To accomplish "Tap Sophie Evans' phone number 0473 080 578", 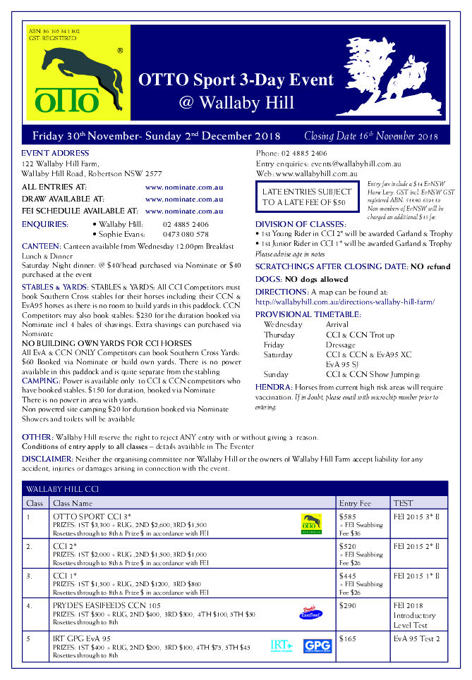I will [x=186, y=234].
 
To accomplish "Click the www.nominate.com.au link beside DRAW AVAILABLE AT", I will [x=184, y=199].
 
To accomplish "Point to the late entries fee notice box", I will [x=307, y=197].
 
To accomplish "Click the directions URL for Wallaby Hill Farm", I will [x=345, y=302].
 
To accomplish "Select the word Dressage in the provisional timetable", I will [x=341, y=345].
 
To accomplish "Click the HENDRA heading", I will [x=272, y=388].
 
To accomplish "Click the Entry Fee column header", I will [x=354, y=503].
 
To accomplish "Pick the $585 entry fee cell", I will [x=347, y=516].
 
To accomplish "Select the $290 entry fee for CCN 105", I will [x=347, y=605].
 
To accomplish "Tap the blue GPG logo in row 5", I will [x=317, y=645].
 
